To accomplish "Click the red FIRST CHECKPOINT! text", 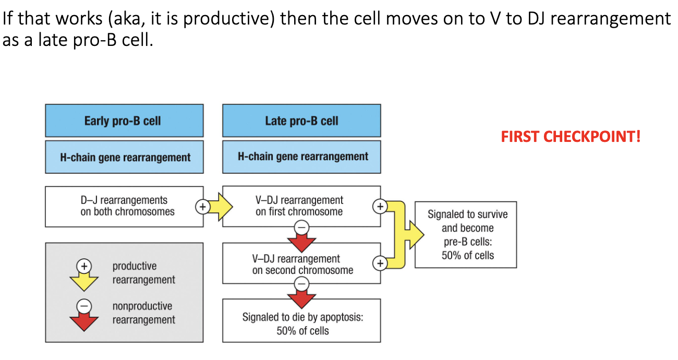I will [571, 137].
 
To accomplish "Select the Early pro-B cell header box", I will [124, 121].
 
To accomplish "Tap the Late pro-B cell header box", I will [301, 121].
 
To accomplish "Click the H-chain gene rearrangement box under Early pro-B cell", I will [124, 157].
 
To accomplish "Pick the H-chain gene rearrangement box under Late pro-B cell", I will [301, 157].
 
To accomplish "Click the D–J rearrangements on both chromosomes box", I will [124, 206].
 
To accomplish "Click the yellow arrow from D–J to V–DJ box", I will [219, 207].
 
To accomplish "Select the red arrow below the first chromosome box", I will [302, 240].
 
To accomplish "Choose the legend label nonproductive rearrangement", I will [143, 313].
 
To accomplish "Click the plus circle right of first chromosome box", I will [380, 206].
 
